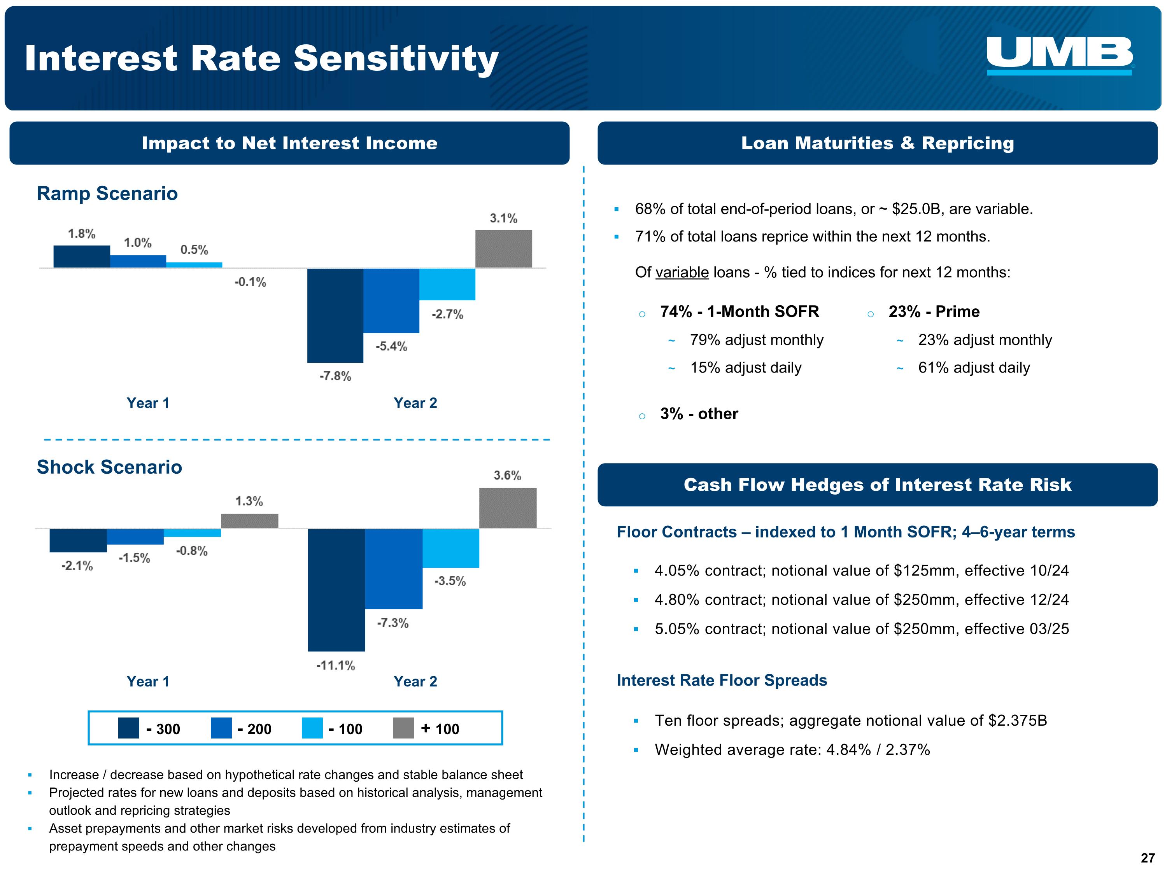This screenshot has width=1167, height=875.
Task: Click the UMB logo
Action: tap(1059, 55)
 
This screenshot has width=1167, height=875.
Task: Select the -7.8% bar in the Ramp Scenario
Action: tap(335, 315)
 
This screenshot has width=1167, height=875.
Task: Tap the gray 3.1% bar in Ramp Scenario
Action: tap(503, 249)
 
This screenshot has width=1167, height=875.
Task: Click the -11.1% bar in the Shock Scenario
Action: tap(336, 589)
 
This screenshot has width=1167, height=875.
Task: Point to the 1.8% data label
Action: tap(82, 234)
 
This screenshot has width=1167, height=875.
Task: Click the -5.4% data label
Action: tap(391, 346)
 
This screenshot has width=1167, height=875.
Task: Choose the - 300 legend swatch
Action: tap(129, 728)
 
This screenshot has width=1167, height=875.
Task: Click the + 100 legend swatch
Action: tap(403, 728)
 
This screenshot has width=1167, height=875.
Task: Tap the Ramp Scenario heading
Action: tap(107, 194)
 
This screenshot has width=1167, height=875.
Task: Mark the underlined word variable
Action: tap(682, 272)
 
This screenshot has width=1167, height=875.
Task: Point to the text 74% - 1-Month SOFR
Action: tap(739, 312)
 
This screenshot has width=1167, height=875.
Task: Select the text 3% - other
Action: tap(699, 414)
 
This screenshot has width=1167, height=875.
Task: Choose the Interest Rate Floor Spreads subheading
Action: tap(722, 681)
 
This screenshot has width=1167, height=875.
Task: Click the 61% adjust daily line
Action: tap(974, 367)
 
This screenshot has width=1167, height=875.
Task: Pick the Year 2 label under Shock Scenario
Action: tap(415, 681)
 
